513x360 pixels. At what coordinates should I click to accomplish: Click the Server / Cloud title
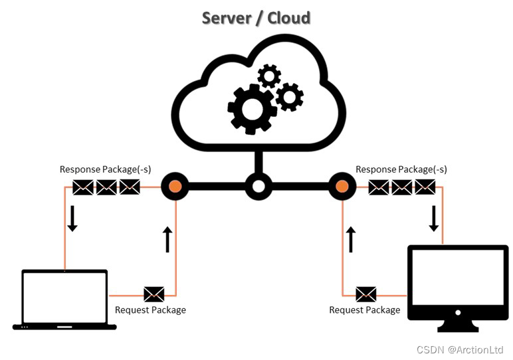pos(256,18)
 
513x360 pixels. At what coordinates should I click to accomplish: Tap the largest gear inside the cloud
pos(252,109)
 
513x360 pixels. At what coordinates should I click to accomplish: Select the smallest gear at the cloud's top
pos(269,76)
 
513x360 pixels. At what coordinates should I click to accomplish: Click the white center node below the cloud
pos(258,187)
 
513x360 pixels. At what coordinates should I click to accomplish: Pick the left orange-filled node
pos(175,187)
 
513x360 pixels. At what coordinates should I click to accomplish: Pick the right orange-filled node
pos(342,187)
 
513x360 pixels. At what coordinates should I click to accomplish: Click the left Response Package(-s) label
pos(106,169)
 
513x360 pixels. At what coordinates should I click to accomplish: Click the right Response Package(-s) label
pos(401,169)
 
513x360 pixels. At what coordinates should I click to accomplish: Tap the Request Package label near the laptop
pos(150,310)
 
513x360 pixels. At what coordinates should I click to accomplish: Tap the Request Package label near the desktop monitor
pos(364,310)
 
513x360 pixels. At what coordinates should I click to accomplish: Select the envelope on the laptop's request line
pos(154,294)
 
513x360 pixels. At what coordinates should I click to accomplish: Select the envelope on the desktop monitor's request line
pos(365,294)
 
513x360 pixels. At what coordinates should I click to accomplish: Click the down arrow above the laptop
pos(72,219)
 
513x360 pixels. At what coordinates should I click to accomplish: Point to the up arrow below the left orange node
pos(167,239)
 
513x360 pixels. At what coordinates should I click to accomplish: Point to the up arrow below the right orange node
pos(351,239)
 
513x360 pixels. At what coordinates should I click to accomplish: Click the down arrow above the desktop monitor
pos(434,219)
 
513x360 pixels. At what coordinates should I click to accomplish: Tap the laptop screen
pos(64,298)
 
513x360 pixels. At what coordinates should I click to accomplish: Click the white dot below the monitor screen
pos(458,313)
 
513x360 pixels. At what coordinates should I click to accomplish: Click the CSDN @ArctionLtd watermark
pos(460,349)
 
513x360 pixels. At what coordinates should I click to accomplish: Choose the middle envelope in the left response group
pos(106,187)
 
